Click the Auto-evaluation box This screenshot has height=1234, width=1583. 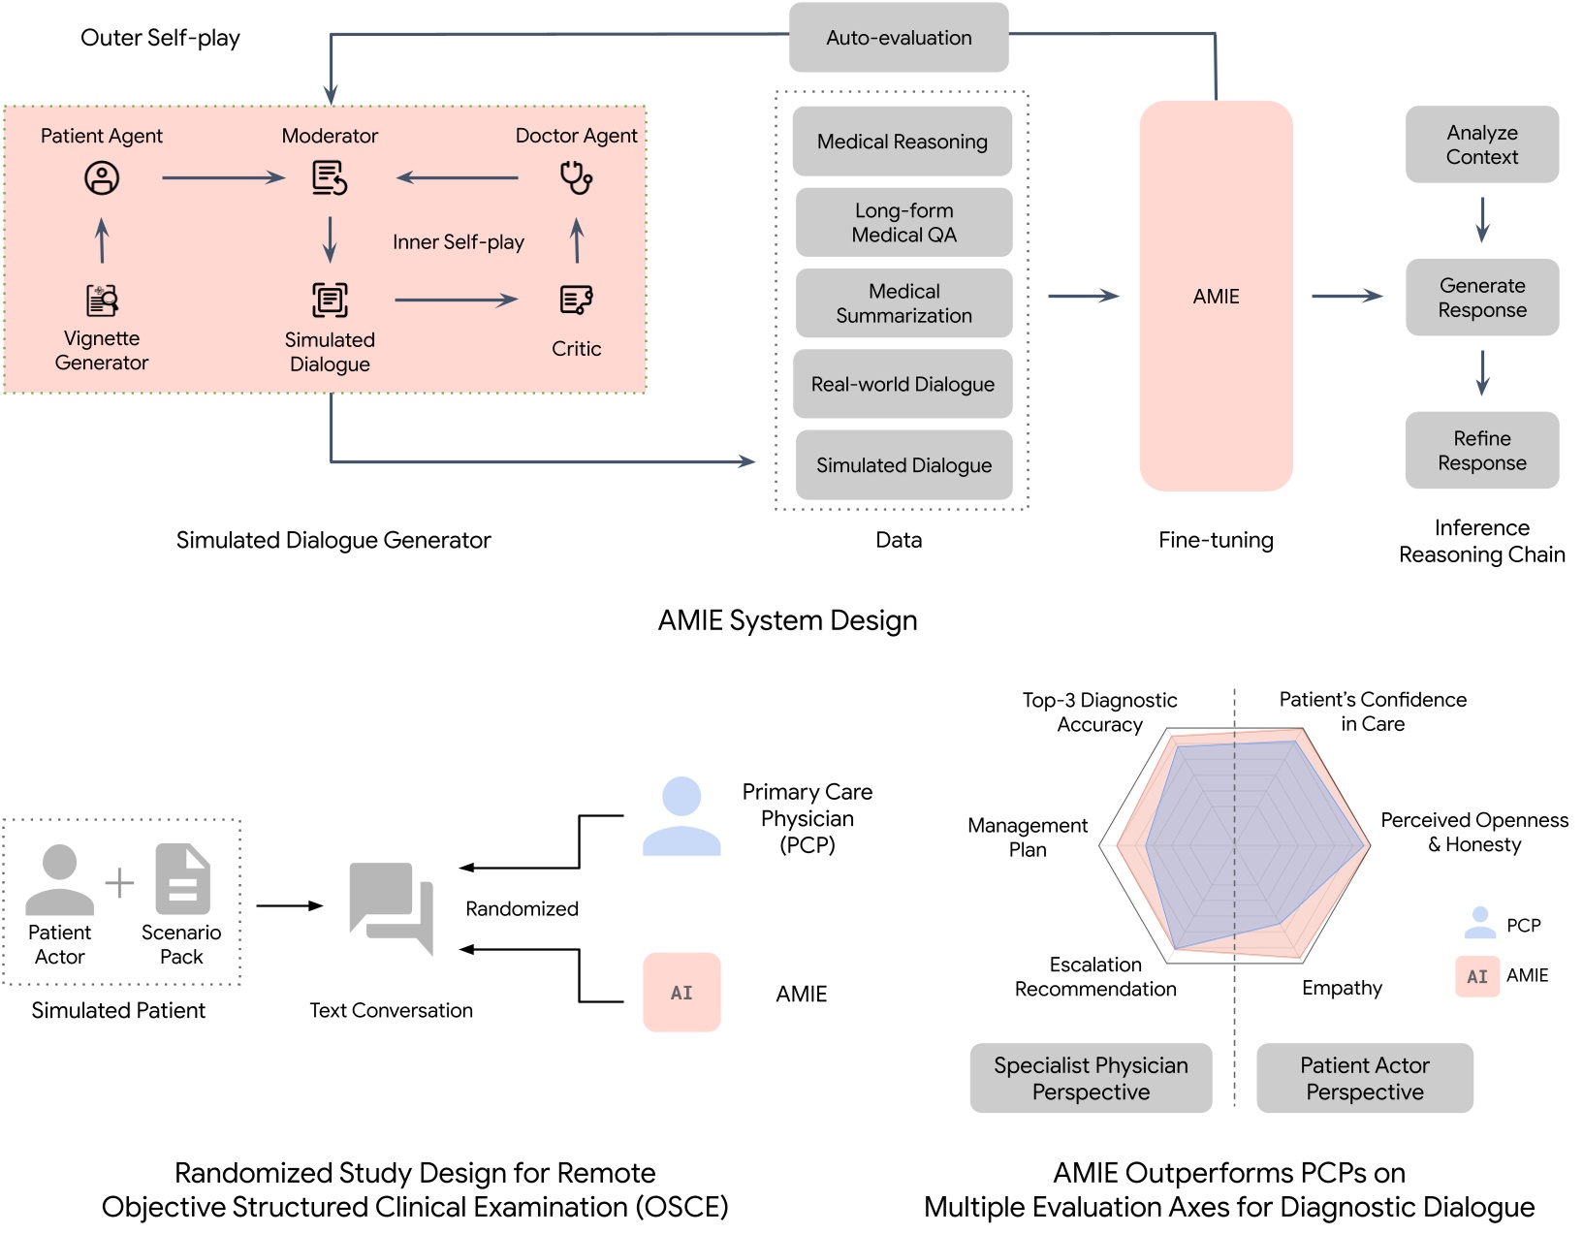tap(899, 38)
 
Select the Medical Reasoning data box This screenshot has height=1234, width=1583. tap(902, 142)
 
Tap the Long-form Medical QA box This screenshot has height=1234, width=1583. tap(903, 223)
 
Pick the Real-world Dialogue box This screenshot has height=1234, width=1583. tap(902, 384)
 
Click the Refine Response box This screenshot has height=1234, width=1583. tap(1481, 451)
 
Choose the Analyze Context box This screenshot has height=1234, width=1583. tap(1481, 144)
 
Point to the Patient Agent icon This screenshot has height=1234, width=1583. tap(102, 178)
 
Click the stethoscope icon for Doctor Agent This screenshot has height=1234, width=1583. tap(577, 178)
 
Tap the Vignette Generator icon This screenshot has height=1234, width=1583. tap(102, 301)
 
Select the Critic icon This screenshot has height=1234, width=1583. tap(577, 301)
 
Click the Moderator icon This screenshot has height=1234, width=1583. tap(330, 178)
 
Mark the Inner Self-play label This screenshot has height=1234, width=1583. tap(459, 242)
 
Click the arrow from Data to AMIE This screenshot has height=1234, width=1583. tap(1083, 296)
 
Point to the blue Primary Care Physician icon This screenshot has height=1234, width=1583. tap(681, 816)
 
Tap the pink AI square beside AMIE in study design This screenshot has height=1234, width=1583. tap(681, 992)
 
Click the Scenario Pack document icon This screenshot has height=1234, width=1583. tap(182, 879)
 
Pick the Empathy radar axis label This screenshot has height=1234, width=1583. tap(1342, 988)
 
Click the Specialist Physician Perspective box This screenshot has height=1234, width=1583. tap(1091, 1078)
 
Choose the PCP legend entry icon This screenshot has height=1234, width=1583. tap(1479, 923)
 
